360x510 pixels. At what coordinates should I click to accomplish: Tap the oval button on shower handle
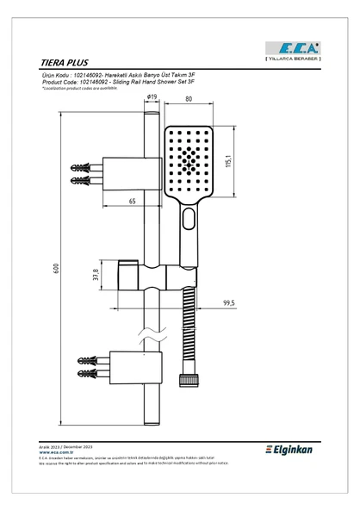[x=188, y=224]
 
